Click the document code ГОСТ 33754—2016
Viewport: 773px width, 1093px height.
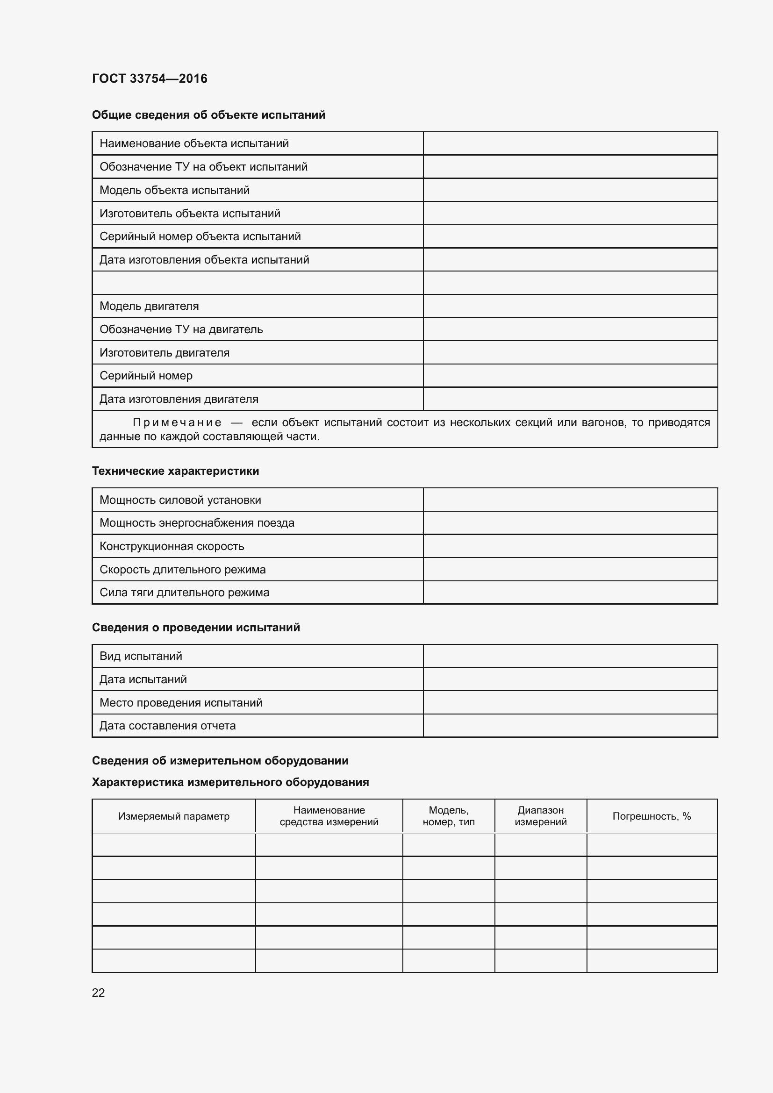pyautogui.click(x=150, y=79)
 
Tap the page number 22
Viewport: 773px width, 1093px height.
pyautogui.click(x=98, y=993)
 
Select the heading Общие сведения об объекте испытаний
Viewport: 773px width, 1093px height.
pyautogui.click(x=208, y=115)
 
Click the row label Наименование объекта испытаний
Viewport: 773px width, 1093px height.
pyautogui.click(x=194, y=143)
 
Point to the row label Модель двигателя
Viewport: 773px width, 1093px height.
pyautogui.click(x=149, y=306)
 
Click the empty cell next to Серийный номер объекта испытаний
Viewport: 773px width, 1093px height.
pyautogui.click(x=570, y=236)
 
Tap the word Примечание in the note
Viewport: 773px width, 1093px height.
pyautogui.click(x=177, y=423)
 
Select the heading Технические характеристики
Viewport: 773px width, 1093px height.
pyautogui.click(x=175, y=471)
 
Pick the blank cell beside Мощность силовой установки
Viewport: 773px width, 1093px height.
pyautogui.click(x=570, y=500)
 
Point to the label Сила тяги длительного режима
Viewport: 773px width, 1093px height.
pyautogui.click(x=184, y=593)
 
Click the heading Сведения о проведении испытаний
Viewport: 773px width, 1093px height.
pyautogui.click(x=196, y=628)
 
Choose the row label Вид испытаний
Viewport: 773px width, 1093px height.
pyautogui.click(x=141, y=656)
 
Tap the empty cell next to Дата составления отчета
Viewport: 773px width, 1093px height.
pyautogui.click(x=570, y=726)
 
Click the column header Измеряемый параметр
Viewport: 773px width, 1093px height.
pyautogui.click(x=174, y=816)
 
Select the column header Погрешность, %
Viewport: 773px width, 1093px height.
pyautogui.click(x=651, y=816)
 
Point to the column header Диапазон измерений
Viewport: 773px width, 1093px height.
pyautogui.click(x=540, y=816)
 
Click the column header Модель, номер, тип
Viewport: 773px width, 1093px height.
pyautogui.click(x=448, y=816)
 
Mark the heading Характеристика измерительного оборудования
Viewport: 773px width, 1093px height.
pyautogui.click(x=230, y=782)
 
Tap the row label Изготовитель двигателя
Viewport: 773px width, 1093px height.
pyautogui.click(x=164, y=353)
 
